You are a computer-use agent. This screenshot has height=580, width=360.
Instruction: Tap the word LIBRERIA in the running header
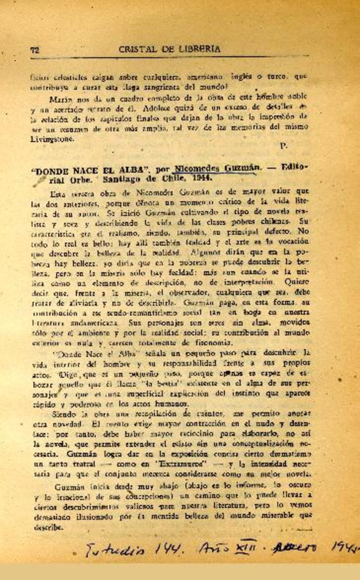198,49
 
